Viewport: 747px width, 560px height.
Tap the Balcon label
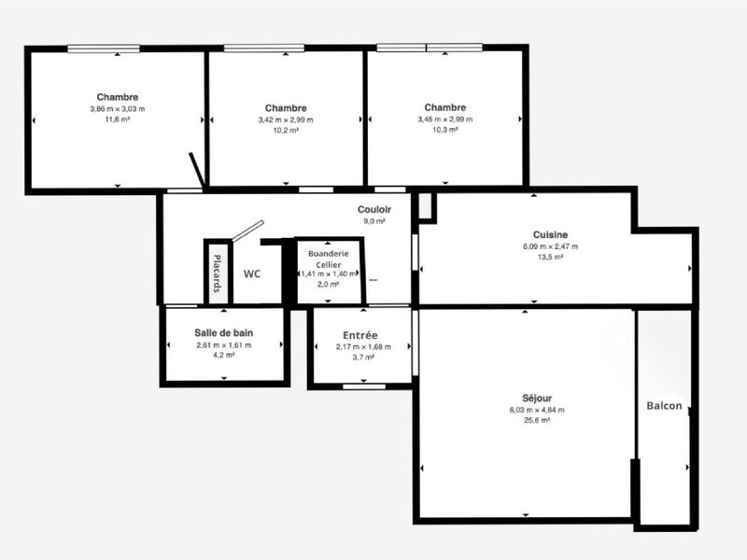tap(664, 406)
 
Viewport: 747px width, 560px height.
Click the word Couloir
tap(374, 210)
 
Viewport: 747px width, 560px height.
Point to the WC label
tap(251, 274)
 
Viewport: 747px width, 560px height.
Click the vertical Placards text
tap(217, 273)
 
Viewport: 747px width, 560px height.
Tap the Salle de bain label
tap(224, 333)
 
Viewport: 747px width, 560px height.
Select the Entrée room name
tap(359, 335)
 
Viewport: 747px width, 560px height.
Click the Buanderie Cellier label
tap(329, 259)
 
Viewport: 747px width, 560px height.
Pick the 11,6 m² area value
tap(118, 119)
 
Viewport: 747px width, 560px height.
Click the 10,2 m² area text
tap(286, 131)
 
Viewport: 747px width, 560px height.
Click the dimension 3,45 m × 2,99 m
tap(444, 119)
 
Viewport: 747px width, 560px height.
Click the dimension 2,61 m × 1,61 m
tap(224, 345)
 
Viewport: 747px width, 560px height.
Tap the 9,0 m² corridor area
tap(374, 221)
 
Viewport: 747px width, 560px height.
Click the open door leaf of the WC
tap(249, 231)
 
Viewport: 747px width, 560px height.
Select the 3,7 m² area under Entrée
tap(359, 357)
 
